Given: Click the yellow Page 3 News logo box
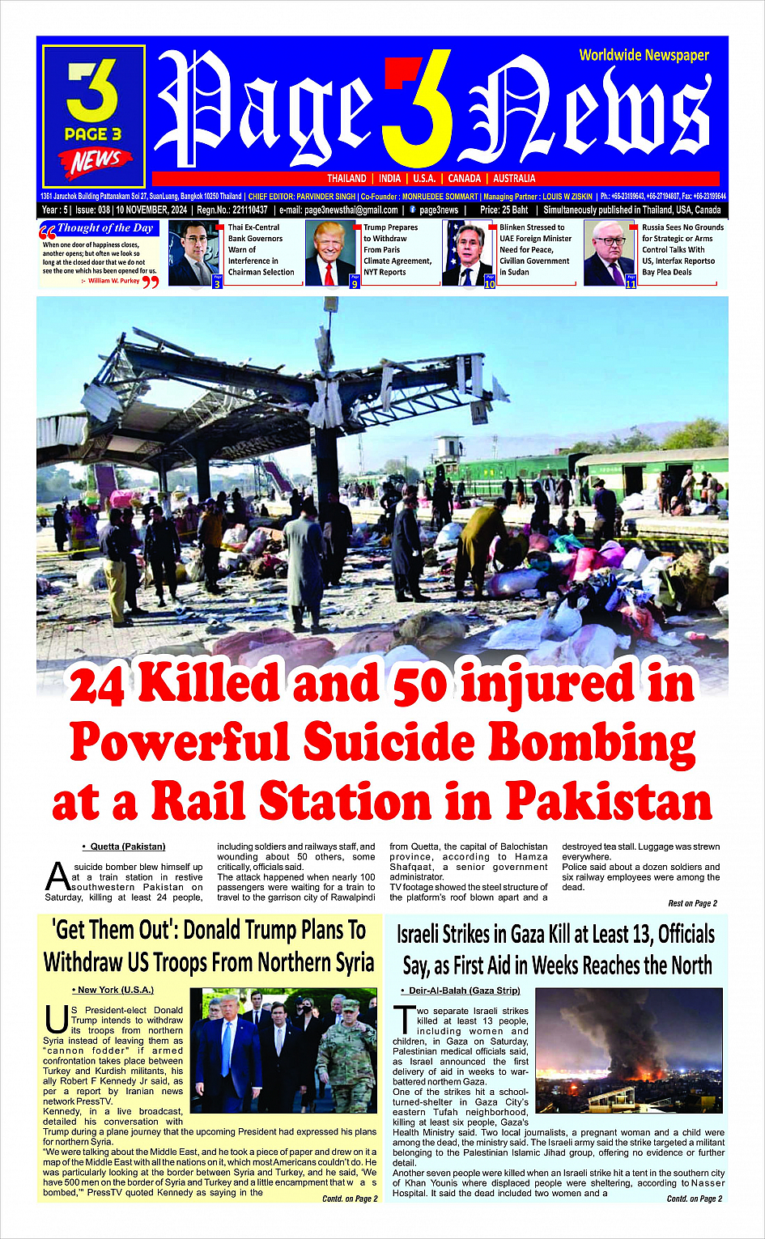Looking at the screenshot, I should (x=94, y=117).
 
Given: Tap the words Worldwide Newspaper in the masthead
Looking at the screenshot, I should (x=644, y=55).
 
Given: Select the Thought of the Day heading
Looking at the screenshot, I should (x=104, y=229).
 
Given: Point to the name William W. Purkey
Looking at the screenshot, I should (x=113, y=281).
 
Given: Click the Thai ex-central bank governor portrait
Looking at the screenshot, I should (x=193, y=253).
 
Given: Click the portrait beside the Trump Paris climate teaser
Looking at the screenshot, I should (x=330, y=253).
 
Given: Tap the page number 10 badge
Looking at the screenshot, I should (x=490, y=283).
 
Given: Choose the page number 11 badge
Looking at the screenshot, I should (x=631, y=283).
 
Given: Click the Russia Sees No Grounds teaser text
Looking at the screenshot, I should (x=682, y=249).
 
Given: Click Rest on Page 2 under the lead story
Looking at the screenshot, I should (x=692, y=903).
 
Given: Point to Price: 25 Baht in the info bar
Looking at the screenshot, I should (x=504, y=210).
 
